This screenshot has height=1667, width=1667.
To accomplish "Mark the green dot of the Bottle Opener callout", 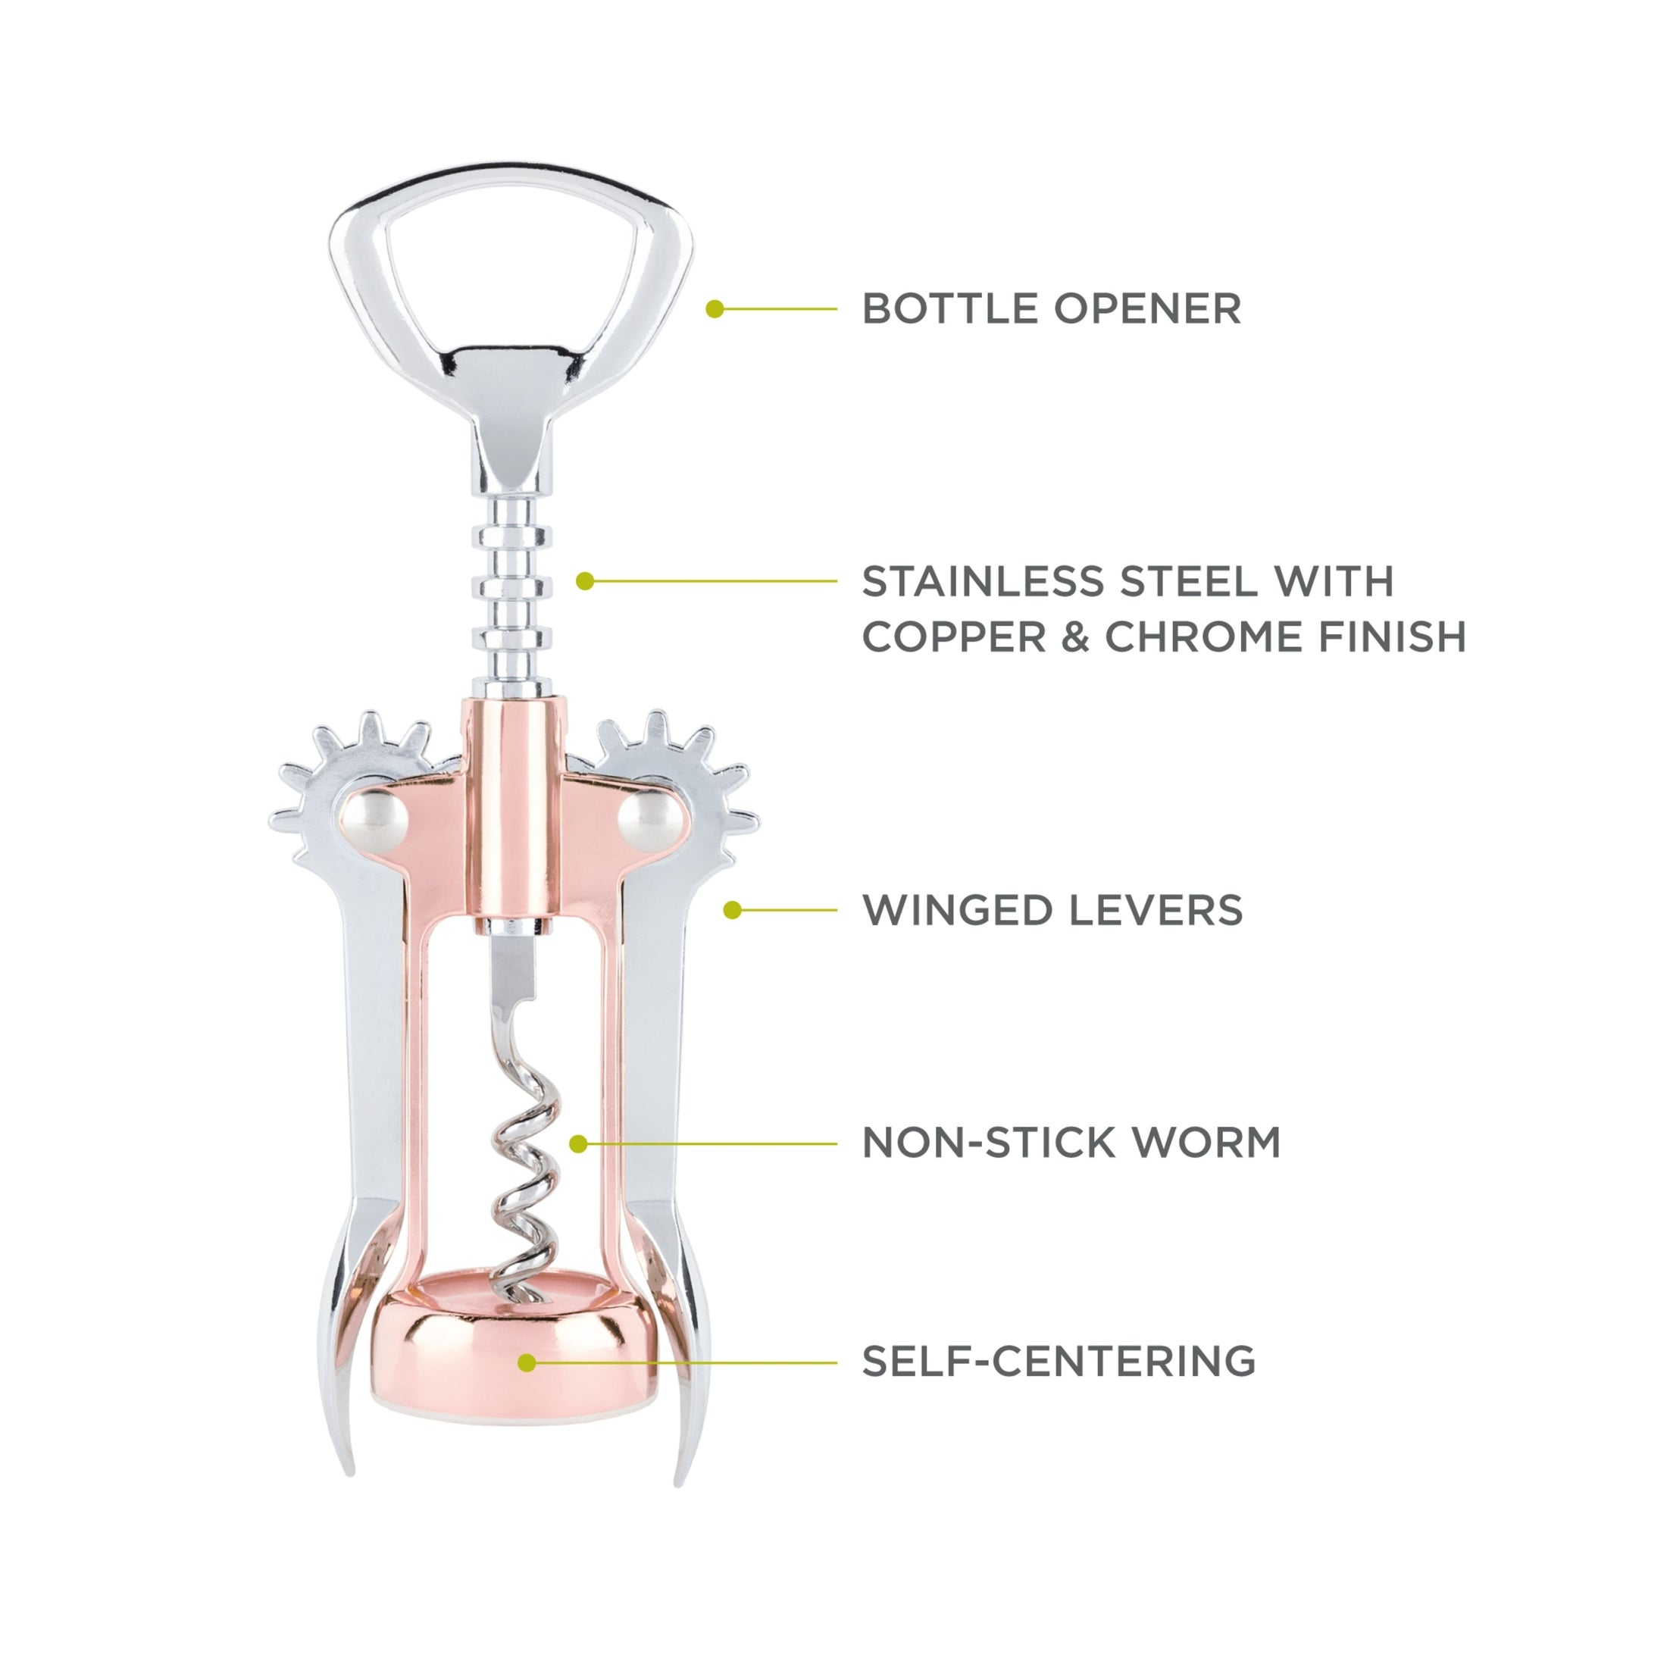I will pos(715,309).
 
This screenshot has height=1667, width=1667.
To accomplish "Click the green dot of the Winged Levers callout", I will pos(733,910).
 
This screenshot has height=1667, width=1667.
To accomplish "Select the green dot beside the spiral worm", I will pos(579,1144).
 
